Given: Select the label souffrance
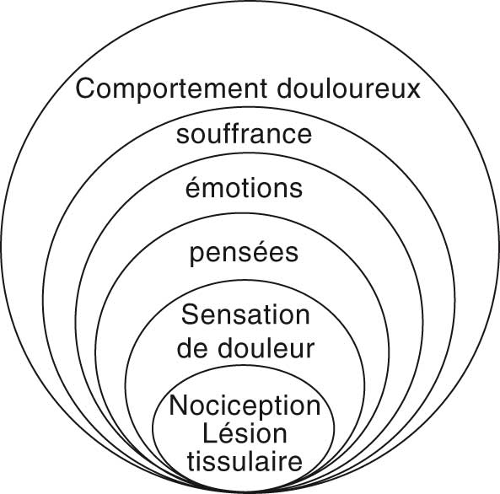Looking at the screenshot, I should pyautogui.click(x=245, y=135).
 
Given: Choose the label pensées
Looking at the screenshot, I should pyautogui.click(x=245, y=253).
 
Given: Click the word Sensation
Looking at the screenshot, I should pyautogui.click(x=245, y=316).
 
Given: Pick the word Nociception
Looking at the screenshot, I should pyautogui.click(x=245, y=405).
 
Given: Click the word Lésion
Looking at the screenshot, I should pyautogui.click(x=245, y=433).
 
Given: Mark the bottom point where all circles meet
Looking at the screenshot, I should pyautogui.click(x=245, y=490).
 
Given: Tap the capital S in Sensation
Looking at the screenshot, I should pyautogui.click(x=190, y=316).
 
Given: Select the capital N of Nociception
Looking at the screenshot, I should pyautogui.click(x=176, y=405).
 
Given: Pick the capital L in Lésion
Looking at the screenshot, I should pyautogui.click(x=208, y=433).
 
